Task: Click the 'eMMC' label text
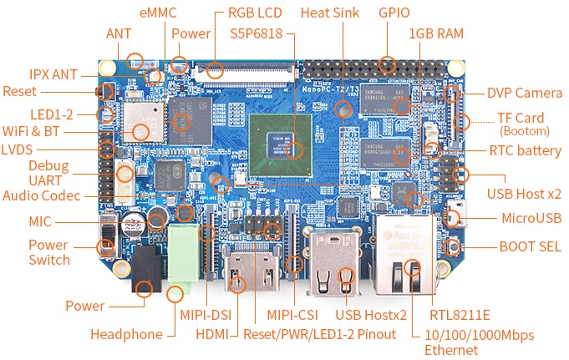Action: [x=157, y=13]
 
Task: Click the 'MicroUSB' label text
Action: [x=531, y=219]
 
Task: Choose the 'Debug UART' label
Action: [x=48, y=172]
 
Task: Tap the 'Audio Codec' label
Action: [x=43, y=195]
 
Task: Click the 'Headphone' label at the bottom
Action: [x=126, y=334]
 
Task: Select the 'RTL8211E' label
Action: [x=459, y=315]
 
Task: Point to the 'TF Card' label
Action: [x=521, y=118]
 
